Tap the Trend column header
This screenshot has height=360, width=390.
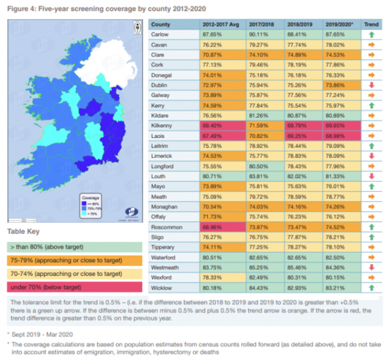[x=371, y=25]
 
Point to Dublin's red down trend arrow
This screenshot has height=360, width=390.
[x=371, y=86]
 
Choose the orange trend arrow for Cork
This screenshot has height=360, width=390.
[x=371, y=65]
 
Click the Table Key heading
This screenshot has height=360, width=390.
[x=24, y=230]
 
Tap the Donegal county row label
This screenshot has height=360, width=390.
[x=161, y=76]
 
